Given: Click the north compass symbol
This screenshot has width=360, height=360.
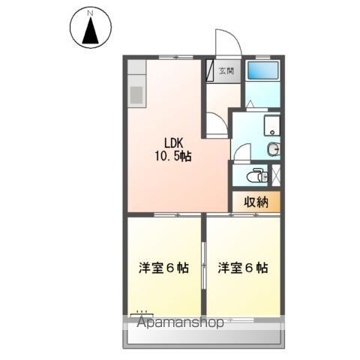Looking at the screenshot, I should tap(89, 31).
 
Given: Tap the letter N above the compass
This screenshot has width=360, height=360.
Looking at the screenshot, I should tap(89, 13).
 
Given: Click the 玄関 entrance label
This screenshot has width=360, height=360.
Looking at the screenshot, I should tap(226, 72).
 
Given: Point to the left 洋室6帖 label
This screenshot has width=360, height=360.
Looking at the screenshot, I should tap(162, 267).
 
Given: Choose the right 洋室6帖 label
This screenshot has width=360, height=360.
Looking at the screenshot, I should tap(243, 267).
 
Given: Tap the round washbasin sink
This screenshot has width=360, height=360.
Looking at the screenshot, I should tap(273, 148).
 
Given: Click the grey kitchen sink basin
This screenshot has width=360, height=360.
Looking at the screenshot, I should tap(137, 94).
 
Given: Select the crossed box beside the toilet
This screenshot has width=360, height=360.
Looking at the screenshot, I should tap(277, 175).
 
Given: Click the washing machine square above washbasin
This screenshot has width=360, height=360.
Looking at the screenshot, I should tap(271, 126).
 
